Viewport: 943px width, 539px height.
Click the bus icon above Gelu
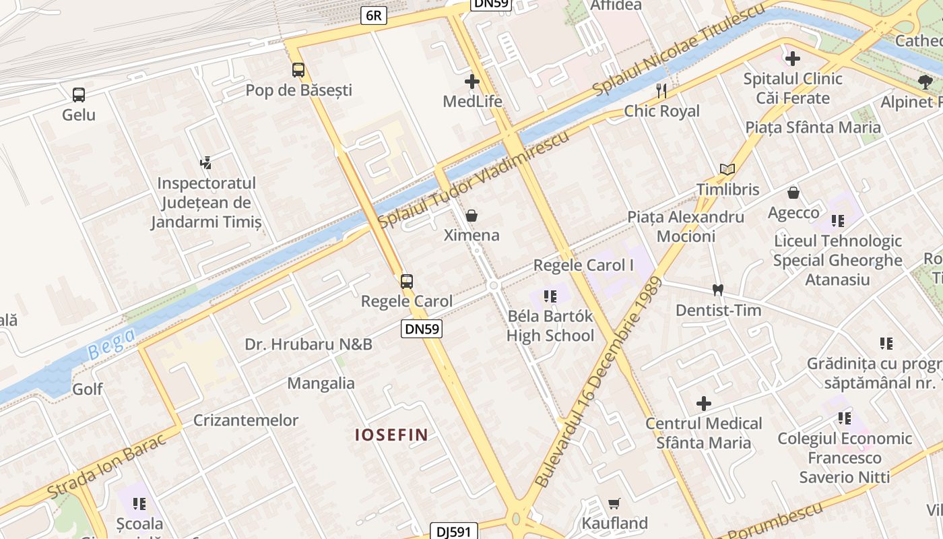click(79, 94)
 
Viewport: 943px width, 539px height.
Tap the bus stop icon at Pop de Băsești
click(298, 69)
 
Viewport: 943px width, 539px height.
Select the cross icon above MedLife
click(472, 82)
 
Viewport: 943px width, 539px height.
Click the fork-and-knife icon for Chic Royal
click(661, 91)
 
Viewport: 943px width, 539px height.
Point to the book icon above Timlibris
click(727, 169)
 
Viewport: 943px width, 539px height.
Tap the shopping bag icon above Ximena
click(471, 216)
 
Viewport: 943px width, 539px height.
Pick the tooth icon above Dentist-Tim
click(718, 290)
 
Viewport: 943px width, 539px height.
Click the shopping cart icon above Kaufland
click(614, 503)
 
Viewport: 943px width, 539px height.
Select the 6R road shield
click(374, 15)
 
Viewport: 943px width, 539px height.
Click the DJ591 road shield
click(454, 532)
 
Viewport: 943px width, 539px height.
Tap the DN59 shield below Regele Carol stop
click(422, 329)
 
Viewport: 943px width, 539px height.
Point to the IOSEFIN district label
click(391, 435)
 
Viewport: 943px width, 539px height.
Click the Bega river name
click(111, 343)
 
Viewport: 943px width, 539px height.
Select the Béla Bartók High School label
click(550, 326)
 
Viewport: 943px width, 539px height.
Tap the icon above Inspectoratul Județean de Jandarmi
click(206, 162)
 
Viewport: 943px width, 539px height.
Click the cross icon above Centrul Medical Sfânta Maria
click(704, 404)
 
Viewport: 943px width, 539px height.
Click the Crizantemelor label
click(246, 420)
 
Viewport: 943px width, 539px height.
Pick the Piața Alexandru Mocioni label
click(686, 226)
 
